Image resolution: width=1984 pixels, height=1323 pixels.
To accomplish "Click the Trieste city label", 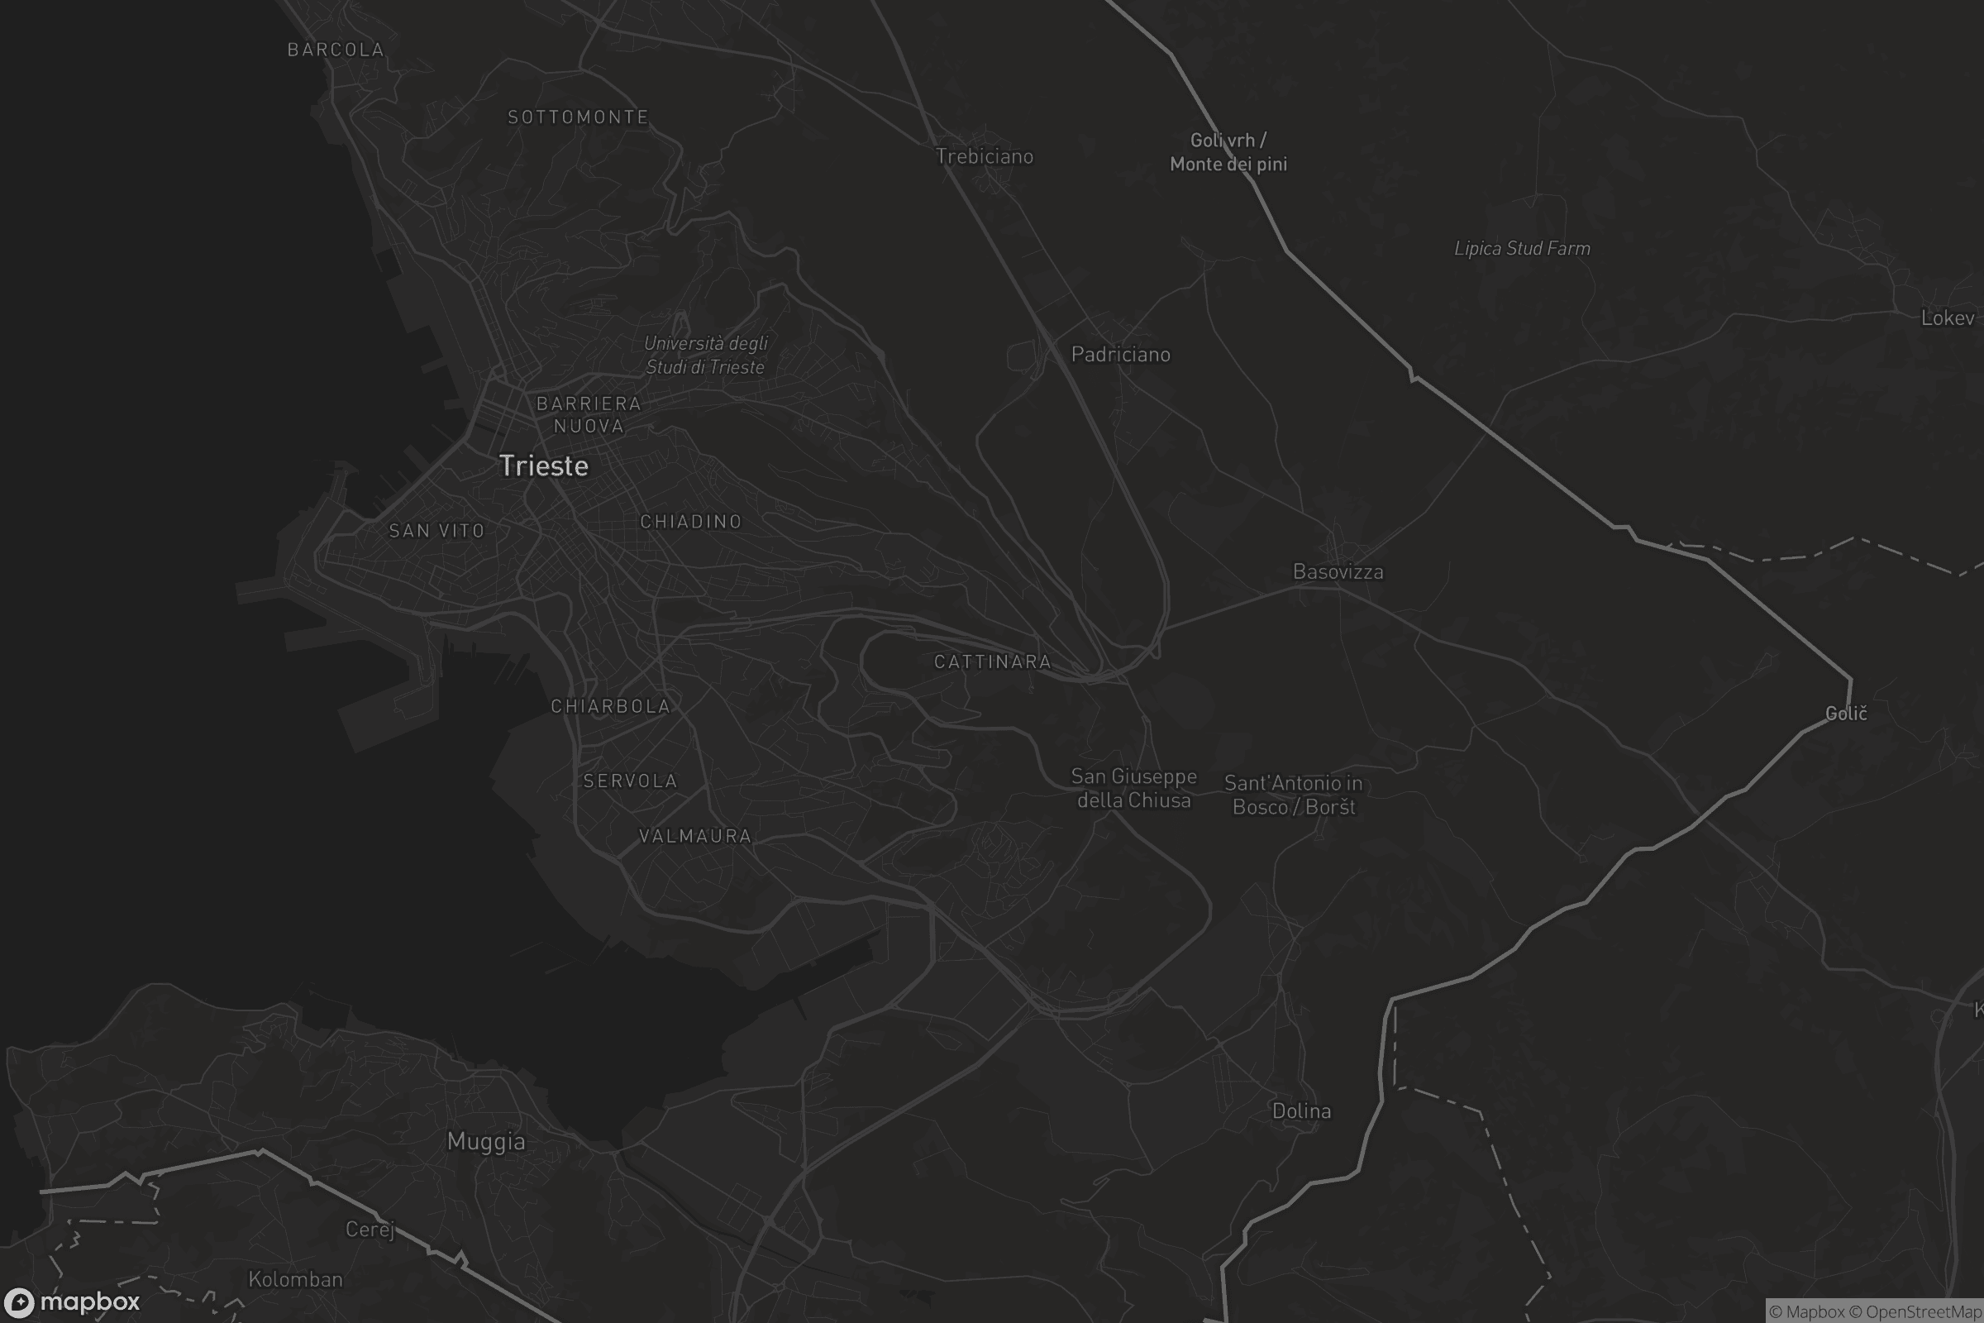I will click(544, 466).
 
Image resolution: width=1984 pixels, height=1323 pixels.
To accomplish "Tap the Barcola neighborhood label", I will click(336, 50).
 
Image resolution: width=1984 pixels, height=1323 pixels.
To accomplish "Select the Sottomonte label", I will click(578, 117).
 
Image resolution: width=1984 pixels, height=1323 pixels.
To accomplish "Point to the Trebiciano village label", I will click(985, 156).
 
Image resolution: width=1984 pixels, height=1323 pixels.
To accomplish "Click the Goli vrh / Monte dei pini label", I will click(1228, 152).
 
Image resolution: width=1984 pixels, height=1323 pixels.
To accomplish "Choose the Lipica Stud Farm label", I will click(1522, 248).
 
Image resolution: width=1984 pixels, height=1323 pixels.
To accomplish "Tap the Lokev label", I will click(1947, 318).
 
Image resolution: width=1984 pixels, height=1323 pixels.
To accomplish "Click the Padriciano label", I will click(1120, 355).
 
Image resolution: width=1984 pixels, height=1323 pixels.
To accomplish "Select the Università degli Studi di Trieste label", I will click(706, 356).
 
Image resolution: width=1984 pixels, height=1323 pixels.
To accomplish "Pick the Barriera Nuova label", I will click(589, 414).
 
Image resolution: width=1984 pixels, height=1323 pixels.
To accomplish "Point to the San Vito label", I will click(437, 531).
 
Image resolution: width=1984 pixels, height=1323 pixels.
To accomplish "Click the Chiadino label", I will click(691, 522).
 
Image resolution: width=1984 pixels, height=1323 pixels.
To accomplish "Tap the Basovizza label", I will click(1338, 572).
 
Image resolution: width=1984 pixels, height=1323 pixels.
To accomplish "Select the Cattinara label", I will click(992, 661).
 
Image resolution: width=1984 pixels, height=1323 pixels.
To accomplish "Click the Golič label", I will click(1846, 714).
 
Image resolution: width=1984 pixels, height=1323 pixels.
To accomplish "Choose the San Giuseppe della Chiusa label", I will click(1133, 788).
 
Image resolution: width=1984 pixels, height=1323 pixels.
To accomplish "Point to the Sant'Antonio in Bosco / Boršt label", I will click(1293, 795).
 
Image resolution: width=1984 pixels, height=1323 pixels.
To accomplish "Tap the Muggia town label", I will click(486, 1142).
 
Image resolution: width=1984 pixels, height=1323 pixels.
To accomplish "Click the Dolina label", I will click(1300, 1111).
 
